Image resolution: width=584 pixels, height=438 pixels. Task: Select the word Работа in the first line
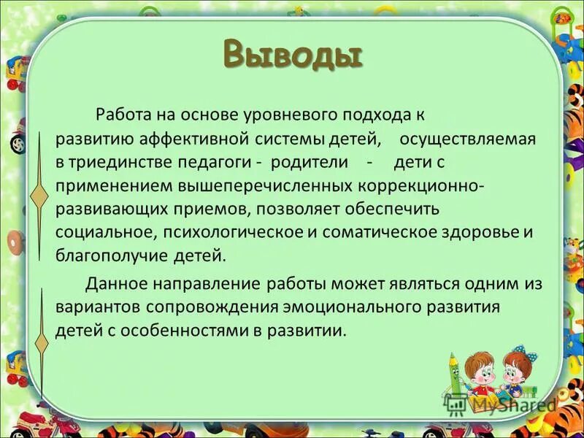point(118,115)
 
